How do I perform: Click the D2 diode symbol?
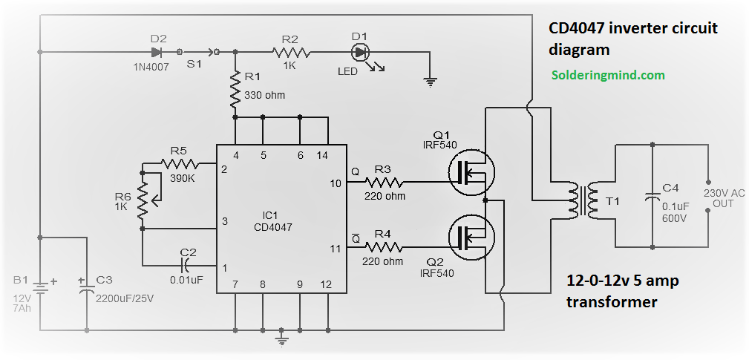click(157, 51)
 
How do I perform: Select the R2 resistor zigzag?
click(291, 51)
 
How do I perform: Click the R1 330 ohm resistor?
click(235, 89)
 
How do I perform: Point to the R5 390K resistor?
click(180, 164)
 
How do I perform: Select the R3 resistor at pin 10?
click(384, 183)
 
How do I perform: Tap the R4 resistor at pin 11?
click(384, 247)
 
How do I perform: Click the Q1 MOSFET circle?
click(472, 172)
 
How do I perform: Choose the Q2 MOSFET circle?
click(472, 236)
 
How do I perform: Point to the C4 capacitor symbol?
click(652, 197)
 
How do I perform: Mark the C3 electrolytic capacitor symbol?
click(87, 289)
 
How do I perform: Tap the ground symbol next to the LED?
click(431, 83)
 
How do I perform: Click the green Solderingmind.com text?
click(608, 75)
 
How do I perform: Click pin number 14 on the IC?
click(322, 155)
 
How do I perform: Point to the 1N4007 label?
click(151, 68)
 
